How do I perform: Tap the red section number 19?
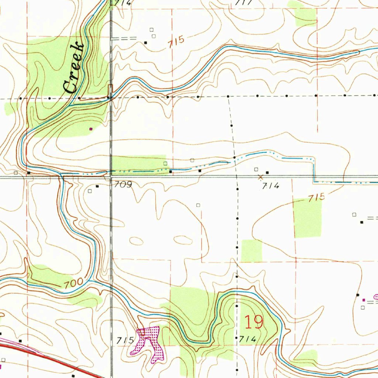254,322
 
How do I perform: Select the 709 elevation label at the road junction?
123,184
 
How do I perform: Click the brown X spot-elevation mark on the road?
260,177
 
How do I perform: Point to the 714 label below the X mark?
271,186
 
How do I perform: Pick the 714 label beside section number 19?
247,339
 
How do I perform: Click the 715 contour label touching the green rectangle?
316,197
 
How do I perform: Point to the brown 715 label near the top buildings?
176,42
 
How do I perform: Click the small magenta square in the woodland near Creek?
91,129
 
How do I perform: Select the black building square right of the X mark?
268,172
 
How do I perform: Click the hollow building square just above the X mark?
256,169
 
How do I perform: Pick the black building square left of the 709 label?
97,186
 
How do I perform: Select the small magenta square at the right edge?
364,300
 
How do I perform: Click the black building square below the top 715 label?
145,43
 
